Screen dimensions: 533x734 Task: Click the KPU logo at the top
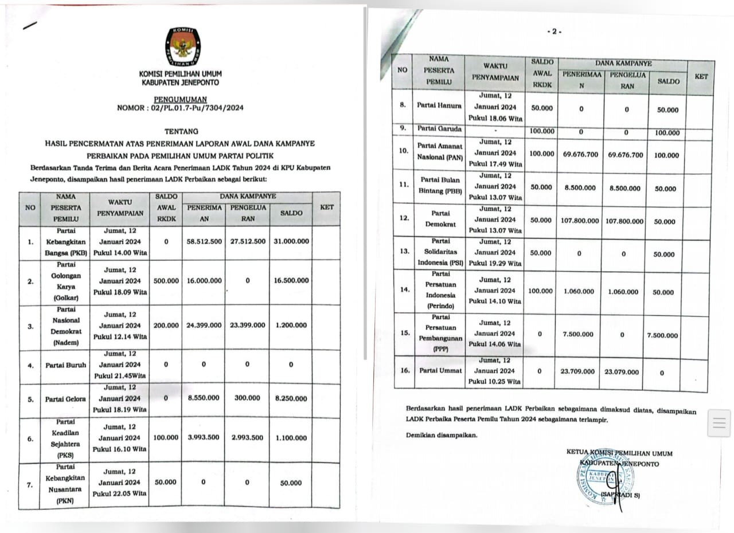point(183,46)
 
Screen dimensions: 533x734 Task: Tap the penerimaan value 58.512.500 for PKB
point(204,241)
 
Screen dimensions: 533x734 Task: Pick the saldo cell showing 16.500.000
point(291,281)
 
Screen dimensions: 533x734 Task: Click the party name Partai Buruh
point(66,365)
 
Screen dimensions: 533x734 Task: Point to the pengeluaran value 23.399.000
point(248,325)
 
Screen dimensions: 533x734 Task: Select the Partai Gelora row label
point(66,399)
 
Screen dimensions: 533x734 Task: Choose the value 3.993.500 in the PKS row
point(204,438)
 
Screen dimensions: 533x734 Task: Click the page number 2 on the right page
point(554,32)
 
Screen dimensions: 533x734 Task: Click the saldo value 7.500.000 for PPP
point(662,336)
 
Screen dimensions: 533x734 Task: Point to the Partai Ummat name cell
point(440,370)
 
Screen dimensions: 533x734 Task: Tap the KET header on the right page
point(701,76)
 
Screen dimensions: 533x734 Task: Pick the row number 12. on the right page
point(405,218)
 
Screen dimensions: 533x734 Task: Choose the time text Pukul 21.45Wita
point(119,376)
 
